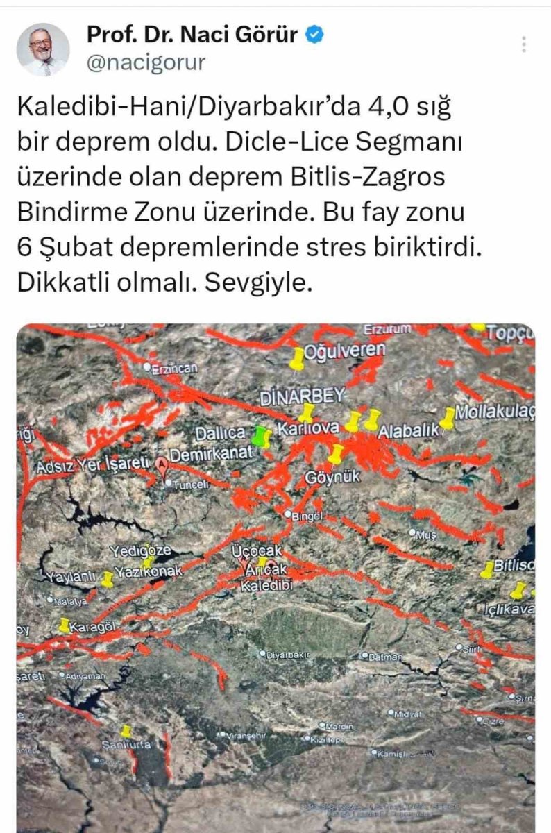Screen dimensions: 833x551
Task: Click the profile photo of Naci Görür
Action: tap(43, 49)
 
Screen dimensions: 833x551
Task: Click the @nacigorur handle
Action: tap(146, 63)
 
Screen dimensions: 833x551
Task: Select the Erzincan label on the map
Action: tap(174, 369)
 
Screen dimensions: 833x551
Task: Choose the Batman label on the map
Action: tap(384, 656)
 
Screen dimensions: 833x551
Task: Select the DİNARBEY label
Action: tap(302, 396)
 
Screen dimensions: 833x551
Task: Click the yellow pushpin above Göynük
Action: tap(336, 454)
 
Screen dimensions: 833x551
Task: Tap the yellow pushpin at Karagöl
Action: tap(65, 625)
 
